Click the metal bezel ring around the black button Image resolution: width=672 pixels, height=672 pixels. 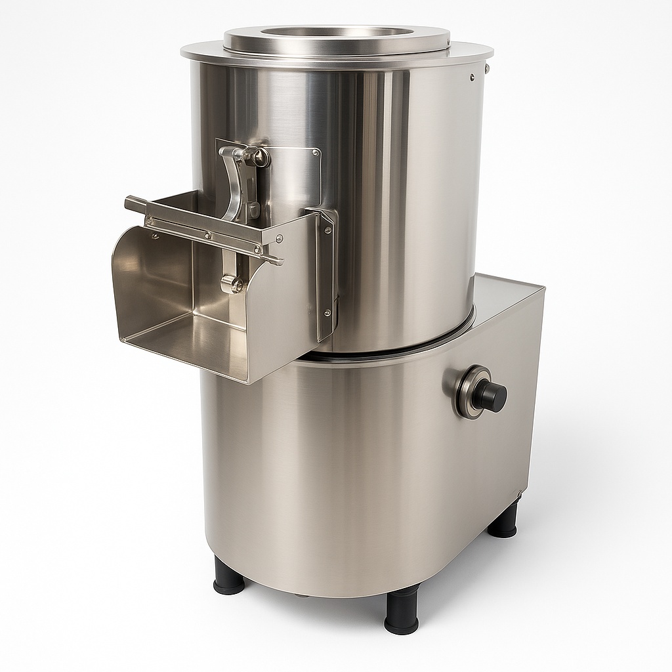click(x=467, y=392)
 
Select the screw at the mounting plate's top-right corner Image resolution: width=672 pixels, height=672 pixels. click(x=316, y=153)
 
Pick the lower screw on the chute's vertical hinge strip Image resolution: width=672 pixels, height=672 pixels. click(x=326, y=312)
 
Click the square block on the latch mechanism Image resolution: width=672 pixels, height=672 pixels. click(x=253, y=210)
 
